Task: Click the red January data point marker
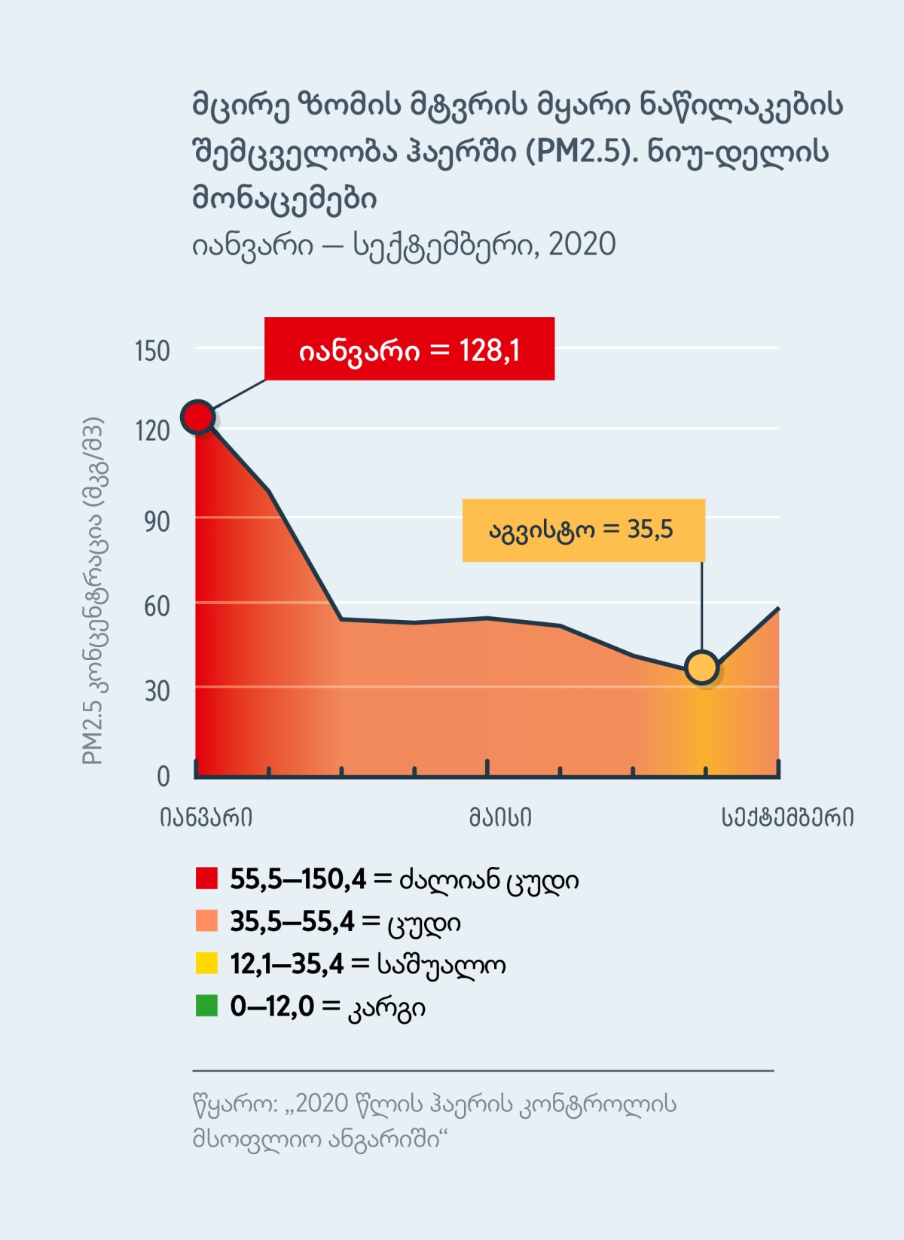[x=197, y=417]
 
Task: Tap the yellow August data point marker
[x=702, y=667]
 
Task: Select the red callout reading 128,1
[x=409, y=349]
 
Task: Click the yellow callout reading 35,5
[x=583, y=530]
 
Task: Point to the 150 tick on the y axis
[x=152, y=351]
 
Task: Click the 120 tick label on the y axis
[x=152, y=431]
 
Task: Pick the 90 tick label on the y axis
[x=157, y=521]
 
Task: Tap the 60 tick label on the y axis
[x=157, y=606]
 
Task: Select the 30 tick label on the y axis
[x=157, y=691]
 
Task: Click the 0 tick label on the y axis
[x=163, y=776]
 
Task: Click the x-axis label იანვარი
[x=206, y=817]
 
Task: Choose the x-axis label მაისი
[x=500, y=817]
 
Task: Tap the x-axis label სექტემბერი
[x=787, y=817]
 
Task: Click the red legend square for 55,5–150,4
[x=206, y=878]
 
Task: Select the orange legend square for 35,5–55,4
[x=206, y=921]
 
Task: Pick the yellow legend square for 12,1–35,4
[x=206, y=964]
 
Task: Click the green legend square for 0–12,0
[x=206, y=1006]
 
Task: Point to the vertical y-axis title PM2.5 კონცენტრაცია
[x=93, y=591]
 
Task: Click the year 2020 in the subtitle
[x=582, y=245]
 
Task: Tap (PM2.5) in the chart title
[x=582, y=152]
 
